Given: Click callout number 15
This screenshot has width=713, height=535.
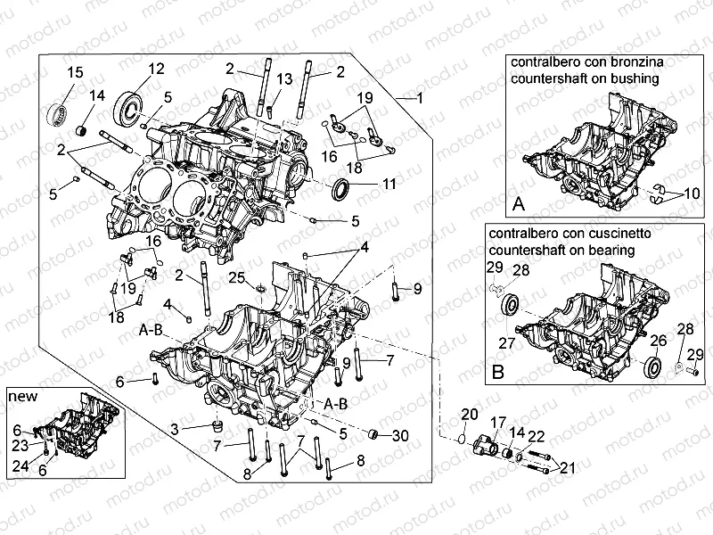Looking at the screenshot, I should pyautogui.click(x=75, y=72).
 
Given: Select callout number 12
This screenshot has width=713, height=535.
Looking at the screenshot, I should pyautogui.click(x=156, y=69).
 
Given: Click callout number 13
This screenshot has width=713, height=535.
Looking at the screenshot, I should pyautogui.click(x=283, y=80).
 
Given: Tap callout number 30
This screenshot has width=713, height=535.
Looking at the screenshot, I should pyautogui.click(x=400, y=435).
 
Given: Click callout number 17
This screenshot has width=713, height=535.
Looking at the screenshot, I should pyautogui.click(x=496, y=422).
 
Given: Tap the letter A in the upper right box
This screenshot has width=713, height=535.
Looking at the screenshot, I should pyautogui.click(x=518, y=205).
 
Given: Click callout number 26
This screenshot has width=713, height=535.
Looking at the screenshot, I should pyautogui.click(x=658, y=339).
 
